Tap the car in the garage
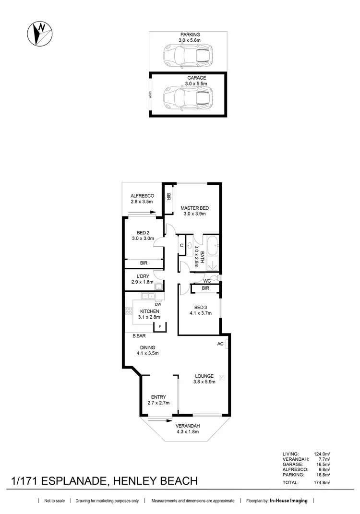point(187,98)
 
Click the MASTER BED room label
point(194,208)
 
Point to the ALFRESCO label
point(142,196)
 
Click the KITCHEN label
point(149,311)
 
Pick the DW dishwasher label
point(157,304)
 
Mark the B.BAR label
point(139,336)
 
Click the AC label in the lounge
point(220,344)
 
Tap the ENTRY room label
point(158,397)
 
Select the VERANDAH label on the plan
point(187,426)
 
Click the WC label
point(207,280)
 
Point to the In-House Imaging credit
point(289,501)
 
